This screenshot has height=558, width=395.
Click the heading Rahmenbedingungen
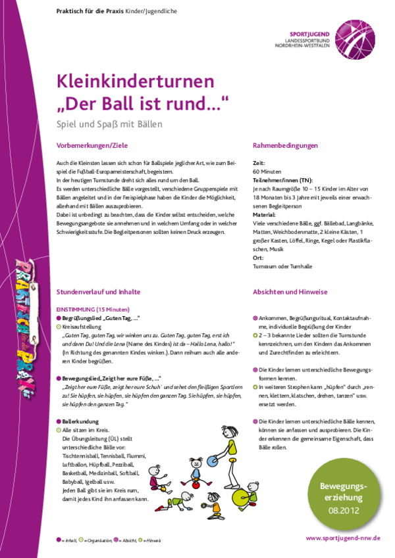[x=286, y=145]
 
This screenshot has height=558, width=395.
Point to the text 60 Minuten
[x=266, y=171]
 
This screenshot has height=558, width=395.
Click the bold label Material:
[x=264, y=214]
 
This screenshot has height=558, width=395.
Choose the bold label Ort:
[x=257, y=257]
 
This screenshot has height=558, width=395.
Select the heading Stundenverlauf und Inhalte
[x=99, y=291]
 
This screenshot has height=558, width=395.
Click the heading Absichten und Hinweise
[x=290, y=291]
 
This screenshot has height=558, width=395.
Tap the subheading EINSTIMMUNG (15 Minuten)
[x=93, y=309]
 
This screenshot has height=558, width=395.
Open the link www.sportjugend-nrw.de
[x=343, y=538]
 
